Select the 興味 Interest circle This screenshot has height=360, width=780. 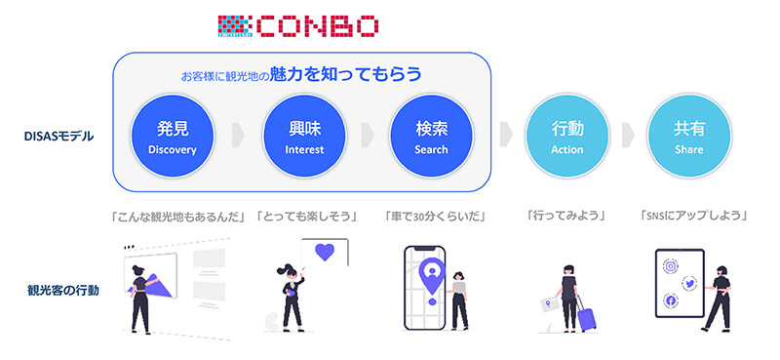pos(299,137)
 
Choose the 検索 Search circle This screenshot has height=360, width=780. pos(424,137)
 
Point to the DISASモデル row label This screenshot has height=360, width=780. pos(59,137)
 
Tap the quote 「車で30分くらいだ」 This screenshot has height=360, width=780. pos(434,215)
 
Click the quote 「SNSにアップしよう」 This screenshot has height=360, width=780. pos(693,215)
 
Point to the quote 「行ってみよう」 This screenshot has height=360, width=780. pos(561,215)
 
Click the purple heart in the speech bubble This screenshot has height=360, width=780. pos(326,252)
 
